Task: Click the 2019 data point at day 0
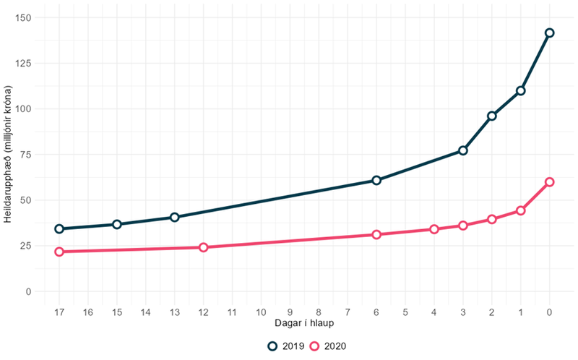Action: click(550, 33)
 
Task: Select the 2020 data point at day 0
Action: click(550, 182)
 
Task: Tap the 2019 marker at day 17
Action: click(59, 228)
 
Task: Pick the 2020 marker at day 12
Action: click(203, 247)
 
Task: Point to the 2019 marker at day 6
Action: click(376, 180)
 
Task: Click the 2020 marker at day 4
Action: click(434, 229)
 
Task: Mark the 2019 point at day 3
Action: click(463, 150)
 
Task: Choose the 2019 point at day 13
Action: click(174, 217)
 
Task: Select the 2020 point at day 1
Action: click(521, 210)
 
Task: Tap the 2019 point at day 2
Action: click(492, 116)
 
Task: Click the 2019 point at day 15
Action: click(117, 224)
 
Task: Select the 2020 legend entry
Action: click(327, 346)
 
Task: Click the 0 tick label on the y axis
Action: click(28, 291)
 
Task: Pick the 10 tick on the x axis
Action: click(261, 312)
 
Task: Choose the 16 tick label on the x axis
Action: click(88, 312)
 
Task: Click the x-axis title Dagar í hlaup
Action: click(304, 323)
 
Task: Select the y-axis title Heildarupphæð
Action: click(8, 155)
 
